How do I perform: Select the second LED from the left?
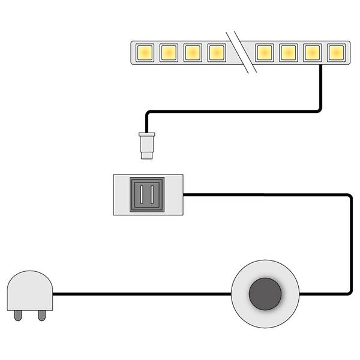[168, 53]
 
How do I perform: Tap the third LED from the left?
[192, 53]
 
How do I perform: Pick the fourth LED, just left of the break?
[216, 53]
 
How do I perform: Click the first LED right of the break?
[264, 53]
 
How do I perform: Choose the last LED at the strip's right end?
[335, 53]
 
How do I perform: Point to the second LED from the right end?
[311, 53]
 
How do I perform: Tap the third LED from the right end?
[288, 53]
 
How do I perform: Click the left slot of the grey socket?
[141, 195]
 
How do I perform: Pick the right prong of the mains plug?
[40, 314]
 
